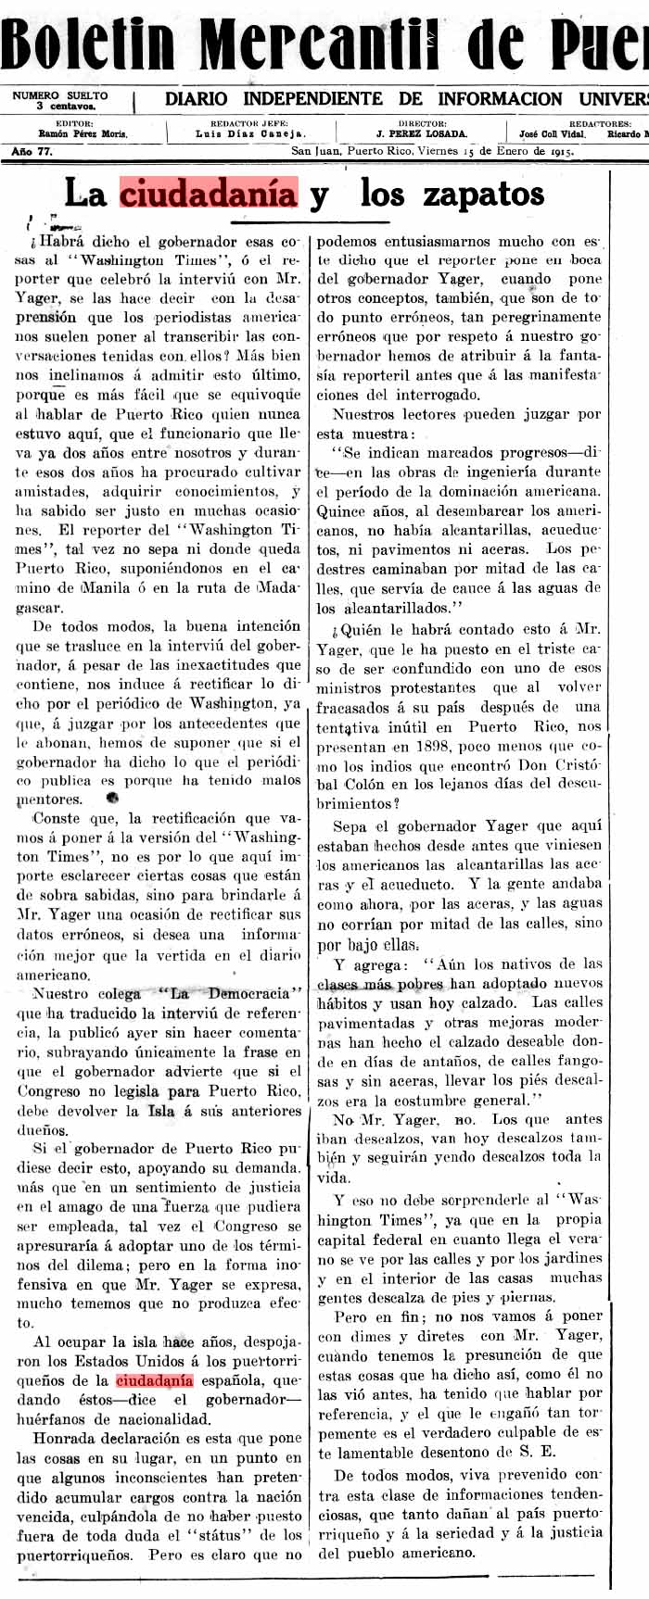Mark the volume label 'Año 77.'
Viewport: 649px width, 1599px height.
pos(32,151)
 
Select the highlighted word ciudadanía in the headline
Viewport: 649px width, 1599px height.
pos(209,195)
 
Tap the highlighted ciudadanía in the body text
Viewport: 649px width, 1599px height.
pos(155,1379)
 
